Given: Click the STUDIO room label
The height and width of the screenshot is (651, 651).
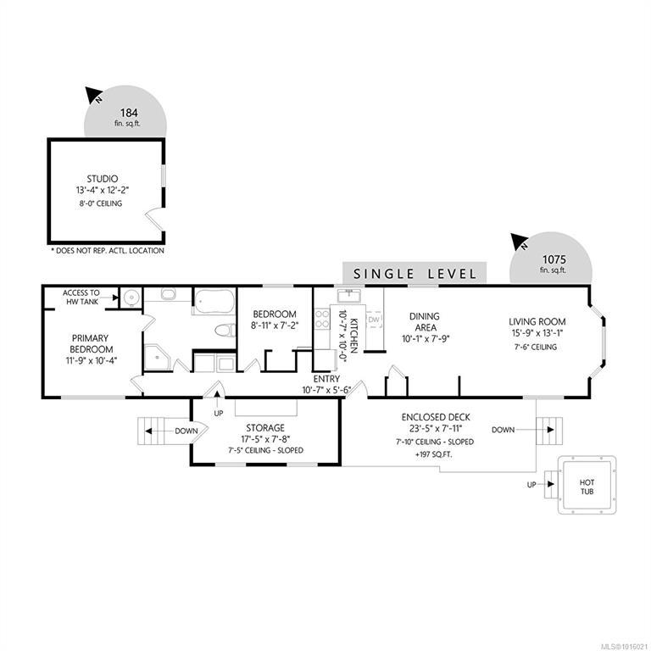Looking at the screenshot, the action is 102,179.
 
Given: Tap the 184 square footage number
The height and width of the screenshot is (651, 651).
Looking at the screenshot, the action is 129,113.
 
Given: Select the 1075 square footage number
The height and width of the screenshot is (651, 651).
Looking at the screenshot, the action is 554,259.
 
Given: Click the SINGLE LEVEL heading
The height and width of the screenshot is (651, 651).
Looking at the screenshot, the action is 415,274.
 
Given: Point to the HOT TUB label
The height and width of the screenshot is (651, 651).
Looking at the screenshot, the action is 587,487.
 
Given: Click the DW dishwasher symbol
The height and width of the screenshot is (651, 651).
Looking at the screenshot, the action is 374,319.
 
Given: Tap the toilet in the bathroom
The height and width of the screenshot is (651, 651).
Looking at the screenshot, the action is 225,331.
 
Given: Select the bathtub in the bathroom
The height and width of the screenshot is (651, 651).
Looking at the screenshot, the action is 214,301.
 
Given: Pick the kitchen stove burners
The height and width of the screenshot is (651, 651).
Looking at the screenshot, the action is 322,319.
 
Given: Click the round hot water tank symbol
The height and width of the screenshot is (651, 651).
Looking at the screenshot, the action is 131,298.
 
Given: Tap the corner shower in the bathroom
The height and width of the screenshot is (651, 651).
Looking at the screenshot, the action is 157,356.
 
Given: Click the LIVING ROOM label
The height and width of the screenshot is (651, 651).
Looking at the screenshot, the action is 537,321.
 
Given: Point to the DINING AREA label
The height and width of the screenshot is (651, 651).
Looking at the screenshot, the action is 425,322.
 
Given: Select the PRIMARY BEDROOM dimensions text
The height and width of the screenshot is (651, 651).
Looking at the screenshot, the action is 92,360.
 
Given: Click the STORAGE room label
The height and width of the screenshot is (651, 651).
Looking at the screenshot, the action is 265,427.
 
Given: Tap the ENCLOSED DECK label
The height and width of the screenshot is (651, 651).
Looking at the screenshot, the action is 436,417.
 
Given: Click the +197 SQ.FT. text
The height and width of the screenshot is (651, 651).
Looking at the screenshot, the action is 433,454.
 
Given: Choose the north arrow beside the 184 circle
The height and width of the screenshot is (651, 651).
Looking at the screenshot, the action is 93,95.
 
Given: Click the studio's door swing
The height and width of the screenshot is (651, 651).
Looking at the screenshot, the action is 153,220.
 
